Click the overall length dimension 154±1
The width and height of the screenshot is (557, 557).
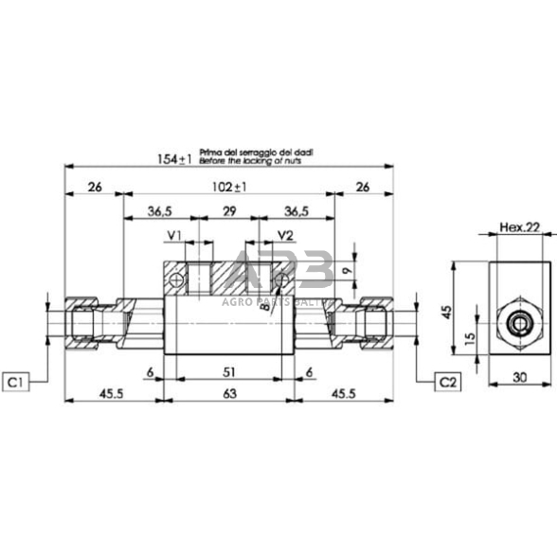tap(174, 159)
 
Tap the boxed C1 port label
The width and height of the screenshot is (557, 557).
tap(16, 381)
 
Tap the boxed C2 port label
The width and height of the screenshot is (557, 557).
tap(446, 381)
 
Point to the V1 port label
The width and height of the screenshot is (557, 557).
tap(175, 235)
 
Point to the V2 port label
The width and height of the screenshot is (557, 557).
tap(285, 235)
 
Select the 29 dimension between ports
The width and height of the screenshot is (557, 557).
tap(228, 211)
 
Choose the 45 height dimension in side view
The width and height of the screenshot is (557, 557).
tap(448, 310)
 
